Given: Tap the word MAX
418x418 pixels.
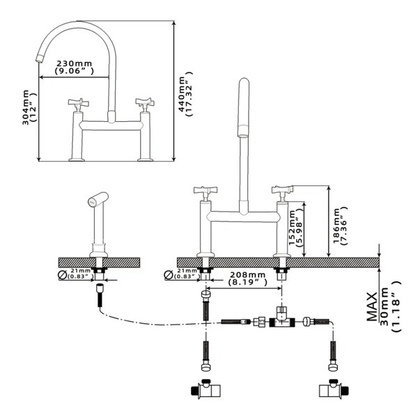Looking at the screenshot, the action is [x=372, y=307].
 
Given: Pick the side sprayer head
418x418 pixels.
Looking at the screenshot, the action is [x=98, y=199].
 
